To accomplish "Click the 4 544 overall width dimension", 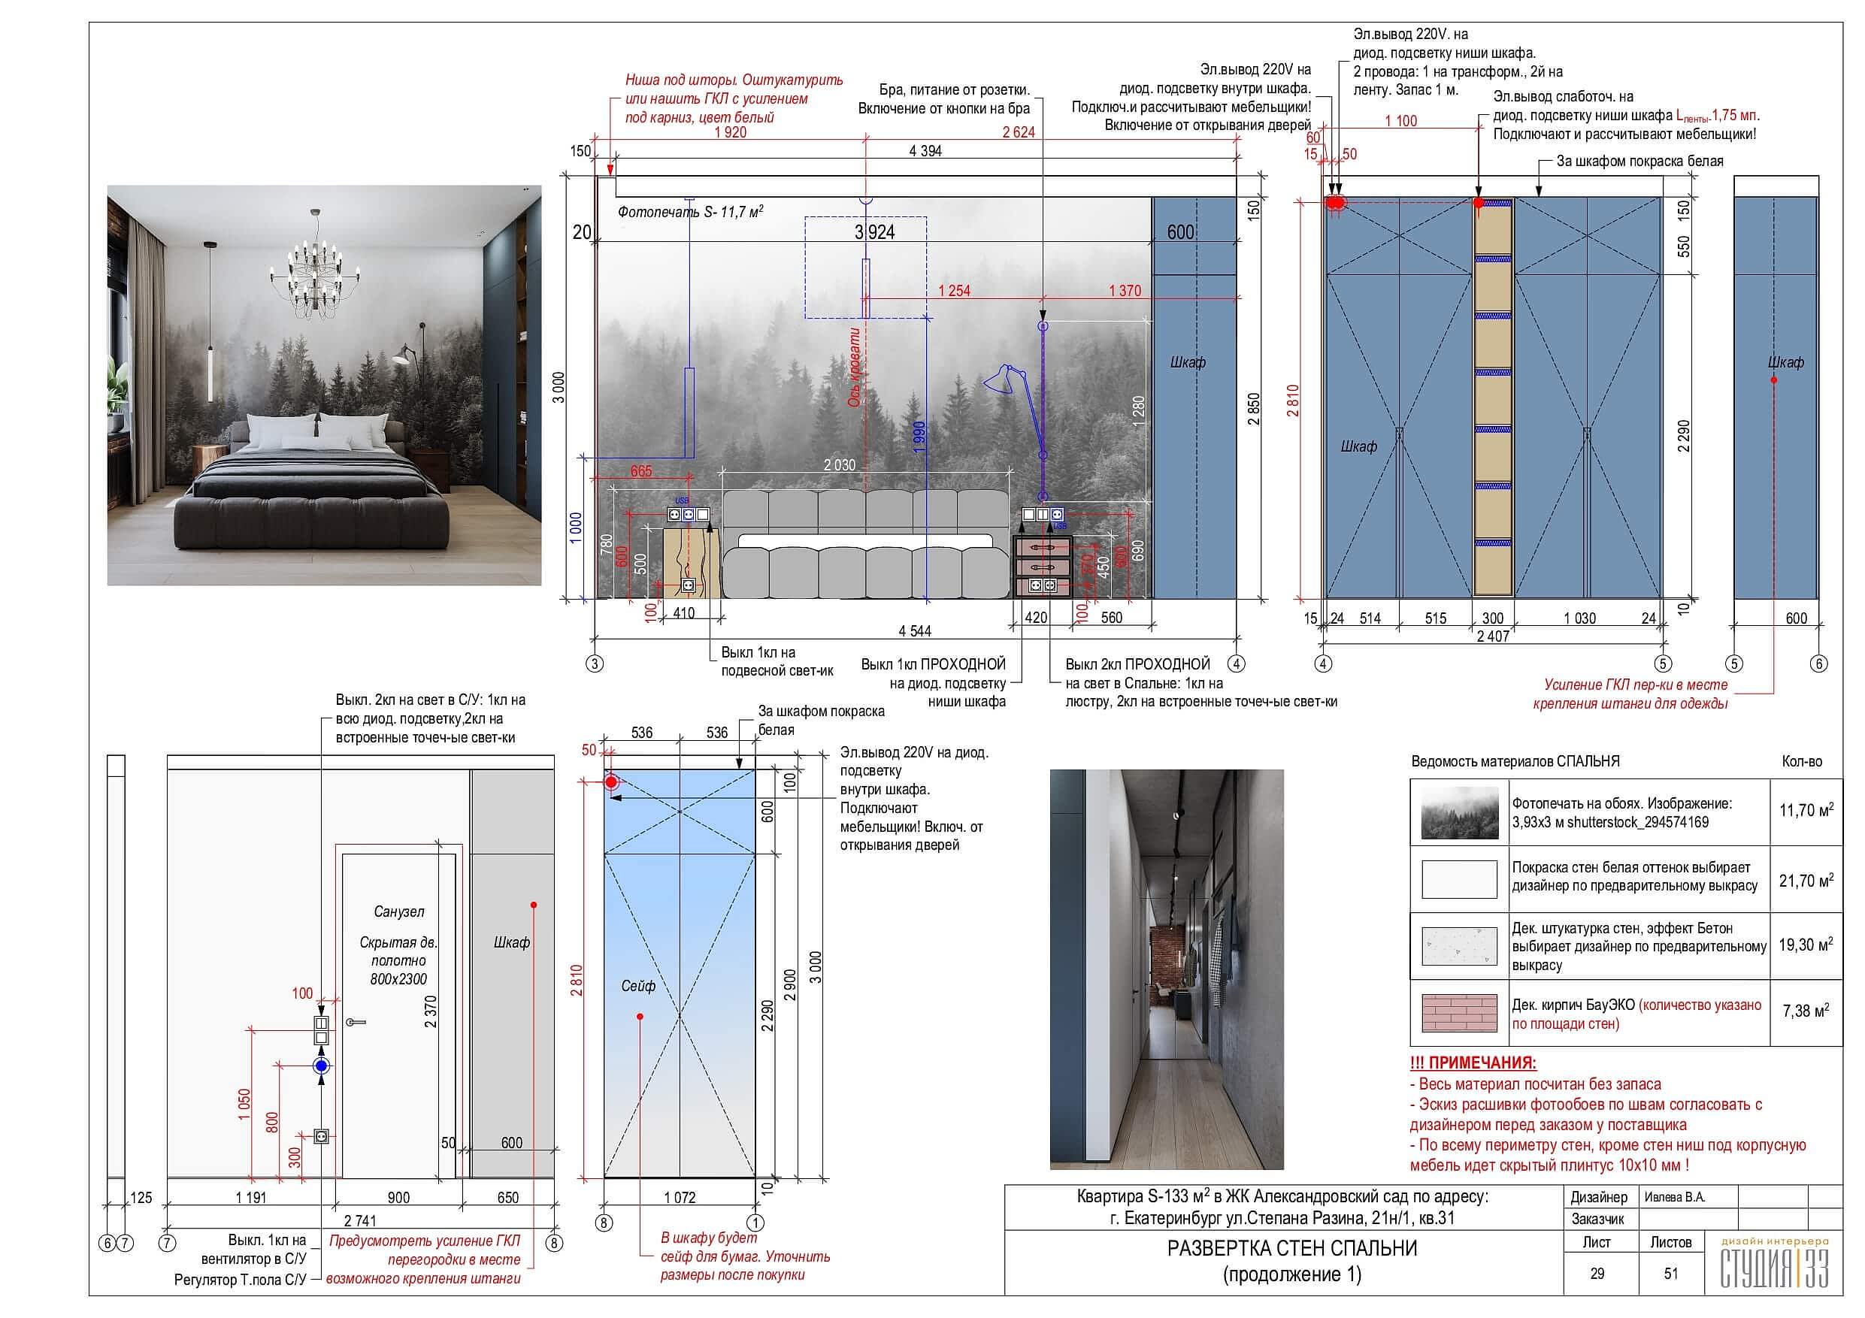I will point(915,631).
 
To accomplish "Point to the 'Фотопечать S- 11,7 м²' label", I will point(689,213).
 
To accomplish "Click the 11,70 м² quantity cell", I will point(1806,811).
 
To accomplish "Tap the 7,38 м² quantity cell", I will point(1806,1011).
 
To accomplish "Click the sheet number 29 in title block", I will point(1597,1274).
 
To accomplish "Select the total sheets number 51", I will point(1671,1274).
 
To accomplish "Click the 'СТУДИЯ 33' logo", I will point(1775,1268).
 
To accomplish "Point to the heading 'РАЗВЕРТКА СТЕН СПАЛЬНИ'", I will point(1291,1249).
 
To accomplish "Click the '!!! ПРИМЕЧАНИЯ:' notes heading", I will point(1473,1063).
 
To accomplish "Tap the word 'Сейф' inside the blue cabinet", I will point(637,986).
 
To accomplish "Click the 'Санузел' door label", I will point(399,912).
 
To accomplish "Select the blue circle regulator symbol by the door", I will point(322,1066).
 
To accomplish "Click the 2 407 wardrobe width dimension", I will point(1493,636).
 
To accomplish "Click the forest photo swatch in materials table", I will point(1459,812).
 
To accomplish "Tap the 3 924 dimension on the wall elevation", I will point(874,232).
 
